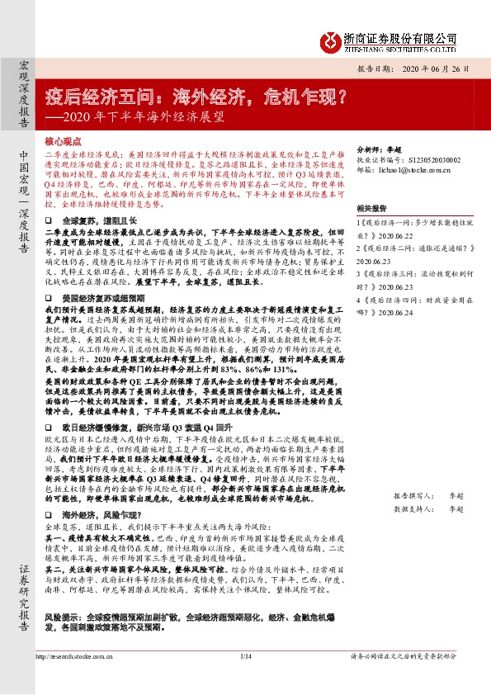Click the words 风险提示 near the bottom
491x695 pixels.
[x=61, y=639]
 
